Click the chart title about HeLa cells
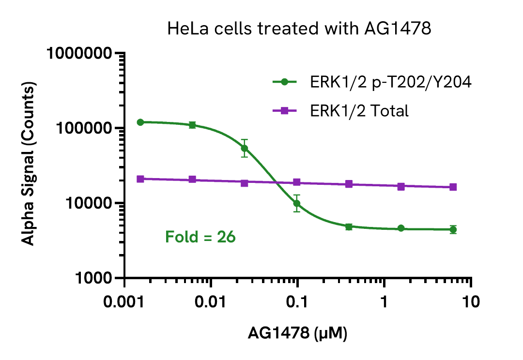point(299,29)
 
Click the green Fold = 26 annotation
point(200,237)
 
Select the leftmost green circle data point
point(140,122)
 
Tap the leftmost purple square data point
point(140,179)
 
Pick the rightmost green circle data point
point(453,230)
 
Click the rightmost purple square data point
point(453,187)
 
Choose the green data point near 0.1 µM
point(297,203)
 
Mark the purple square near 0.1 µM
point(297,182)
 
